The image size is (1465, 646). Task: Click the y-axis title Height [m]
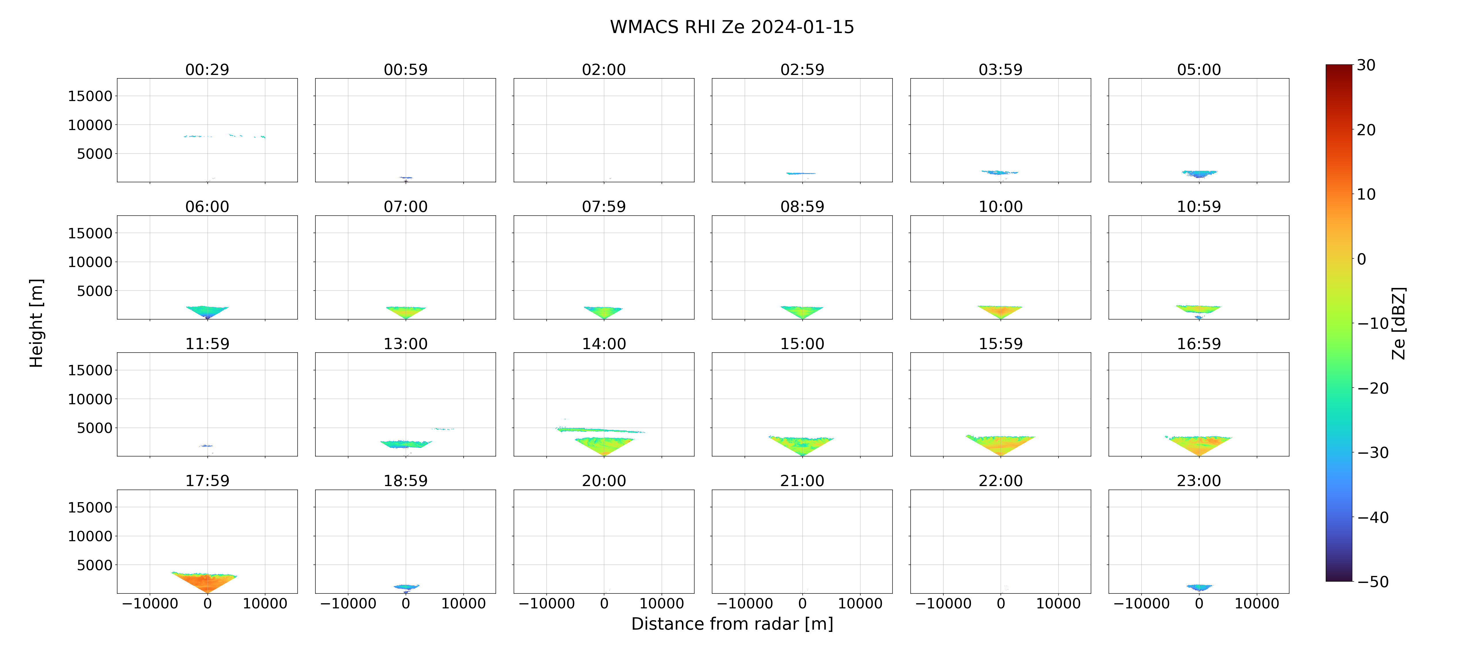36,323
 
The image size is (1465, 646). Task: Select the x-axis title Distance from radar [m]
732,624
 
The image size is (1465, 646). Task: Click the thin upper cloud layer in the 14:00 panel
600,430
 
